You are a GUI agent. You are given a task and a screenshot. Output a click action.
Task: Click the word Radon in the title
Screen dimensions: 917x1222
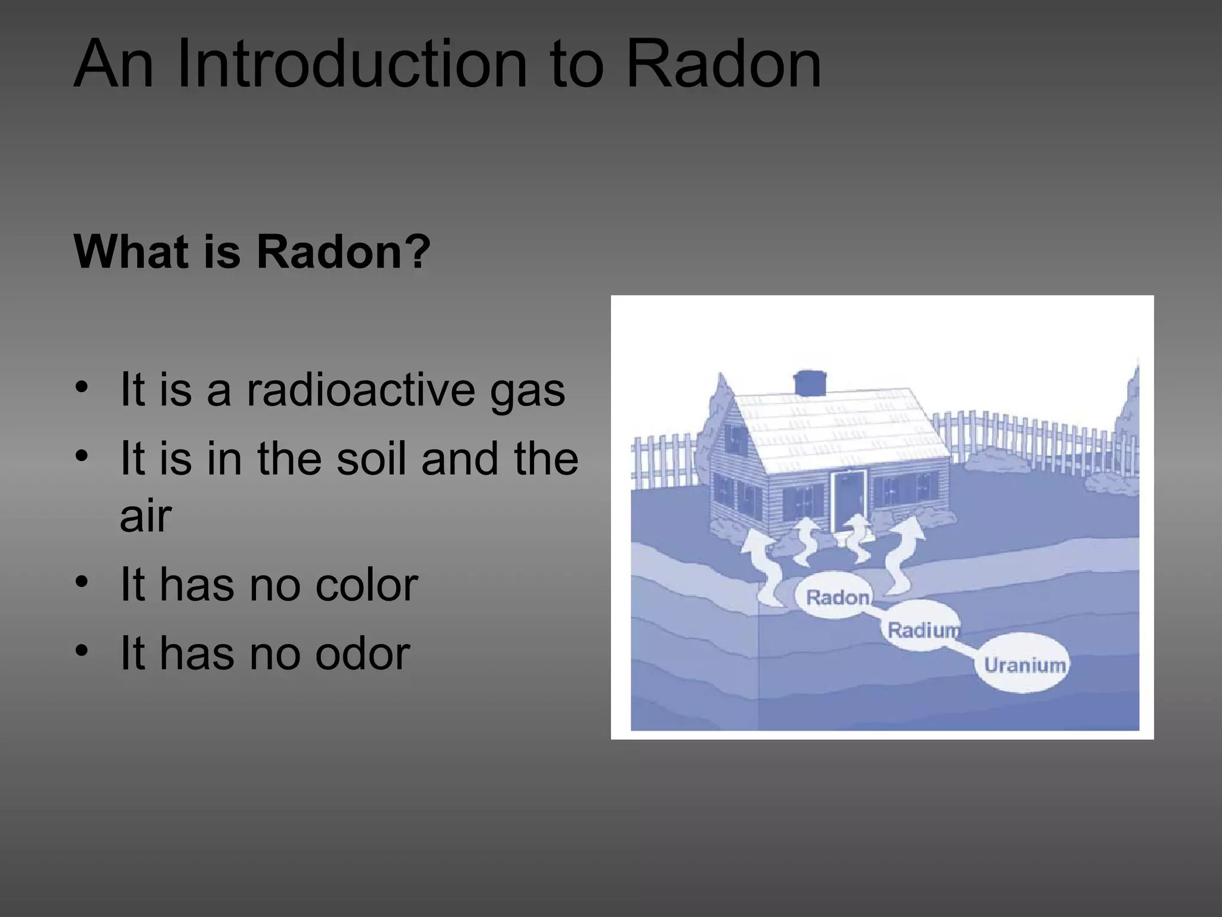coord(723,64)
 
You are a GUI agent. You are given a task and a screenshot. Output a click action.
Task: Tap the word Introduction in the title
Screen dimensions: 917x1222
coord(352,64)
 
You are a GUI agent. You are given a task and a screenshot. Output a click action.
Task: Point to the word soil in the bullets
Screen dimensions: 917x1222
coord(372,458)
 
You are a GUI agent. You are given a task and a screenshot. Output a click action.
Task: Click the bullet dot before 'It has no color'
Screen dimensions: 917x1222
coord(82,581)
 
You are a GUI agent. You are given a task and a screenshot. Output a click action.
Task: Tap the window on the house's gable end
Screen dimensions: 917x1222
coord(735,439)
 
